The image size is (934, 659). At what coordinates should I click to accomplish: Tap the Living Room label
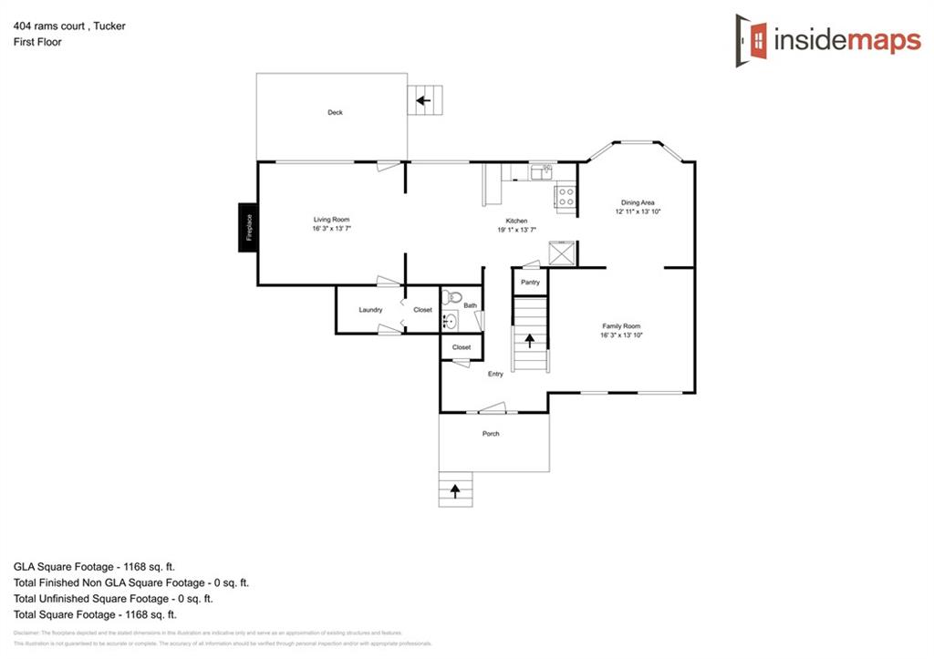click(331, 220)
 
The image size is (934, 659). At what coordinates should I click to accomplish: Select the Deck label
click(335, 112)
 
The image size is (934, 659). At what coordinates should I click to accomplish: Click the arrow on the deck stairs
click(422, 100)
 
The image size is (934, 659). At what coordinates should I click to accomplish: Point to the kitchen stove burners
click(565, 193)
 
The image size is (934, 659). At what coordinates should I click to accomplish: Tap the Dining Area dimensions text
click(638, 211)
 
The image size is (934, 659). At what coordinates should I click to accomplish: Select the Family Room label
click(621, 326)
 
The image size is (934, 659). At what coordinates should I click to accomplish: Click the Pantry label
click(530, 283)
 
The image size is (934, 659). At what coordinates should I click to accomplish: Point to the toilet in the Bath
click(453, 296)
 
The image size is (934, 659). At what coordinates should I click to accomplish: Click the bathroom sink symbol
click(449, 320)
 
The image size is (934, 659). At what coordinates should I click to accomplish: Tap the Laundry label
click(370, 310)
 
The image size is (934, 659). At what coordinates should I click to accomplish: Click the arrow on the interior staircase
click(529, 342)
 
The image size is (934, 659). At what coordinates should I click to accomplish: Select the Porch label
click(491, 434)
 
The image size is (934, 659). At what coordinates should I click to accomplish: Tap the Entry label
click(495, 374)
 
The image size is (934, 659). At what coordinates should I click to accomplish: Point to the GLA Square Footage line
click(94, 566)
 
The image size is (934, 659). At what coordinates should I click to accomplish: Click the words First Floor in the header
click(37, 42)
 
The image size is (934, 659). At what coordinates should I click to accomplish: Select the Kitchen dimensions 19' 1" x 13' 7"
click(516, 230)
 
